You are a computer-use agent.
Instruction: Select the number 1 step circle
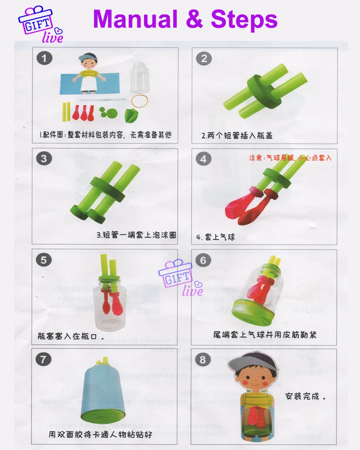click(x=44, y=58)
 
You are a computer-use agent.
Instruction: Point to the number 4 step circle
click(x=203, y=159)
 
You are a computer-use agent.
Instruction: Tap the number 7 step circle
click(x=44, y=359)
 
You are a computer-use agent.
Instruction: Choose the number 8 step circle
click(x=203, y=360)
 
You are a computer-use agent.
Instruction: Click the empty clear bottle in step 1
click(x=139, y=78)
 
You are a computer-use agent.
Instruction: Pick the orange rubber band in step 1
click(x=139, y=101)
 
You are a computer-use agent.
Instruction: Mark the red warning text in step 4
click(x=290, y=158)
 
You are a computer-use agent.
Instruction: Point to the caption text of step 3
click(x=136, y=235)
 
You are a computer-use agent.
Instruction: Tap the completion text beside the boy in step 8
click(x=305, y=396)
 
